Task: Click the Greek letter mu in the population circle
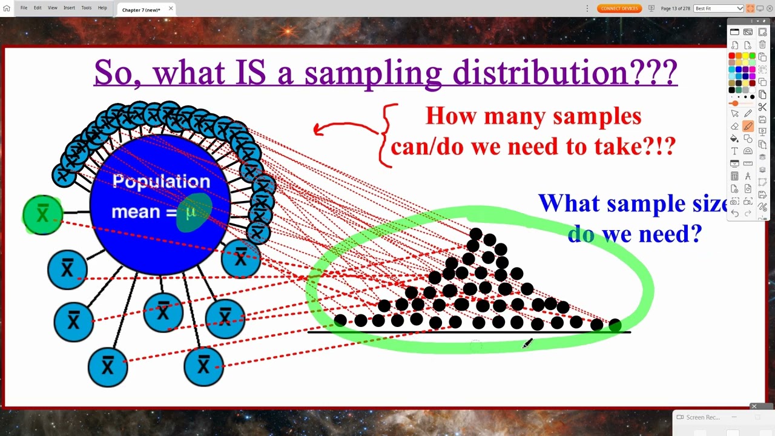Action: tap(191, 212)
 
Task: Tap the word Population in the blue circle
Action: tap(161, 182)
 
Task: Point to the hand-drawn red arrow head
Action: tap(317, 128)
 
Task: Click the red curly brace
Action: tap(386, 134)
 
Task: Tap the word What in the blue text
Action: tap(568, 203)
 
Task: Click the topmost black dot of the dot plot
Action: tap(475, 234)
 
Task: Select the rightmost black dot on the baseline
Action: tap(615, 325)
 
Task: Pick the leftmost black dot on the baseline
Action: tap(340, 320)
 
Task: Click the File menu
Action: tap(24, 8)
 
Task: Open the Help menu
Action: tap(102, 8)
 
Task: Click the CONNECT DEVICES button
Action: tap(619, 8)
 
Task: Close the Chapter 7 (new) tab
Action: tap(171, 8)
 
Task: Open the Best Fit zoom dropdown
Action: tap(719, 8)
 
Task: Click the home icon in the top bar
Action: tap(7, 8)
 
